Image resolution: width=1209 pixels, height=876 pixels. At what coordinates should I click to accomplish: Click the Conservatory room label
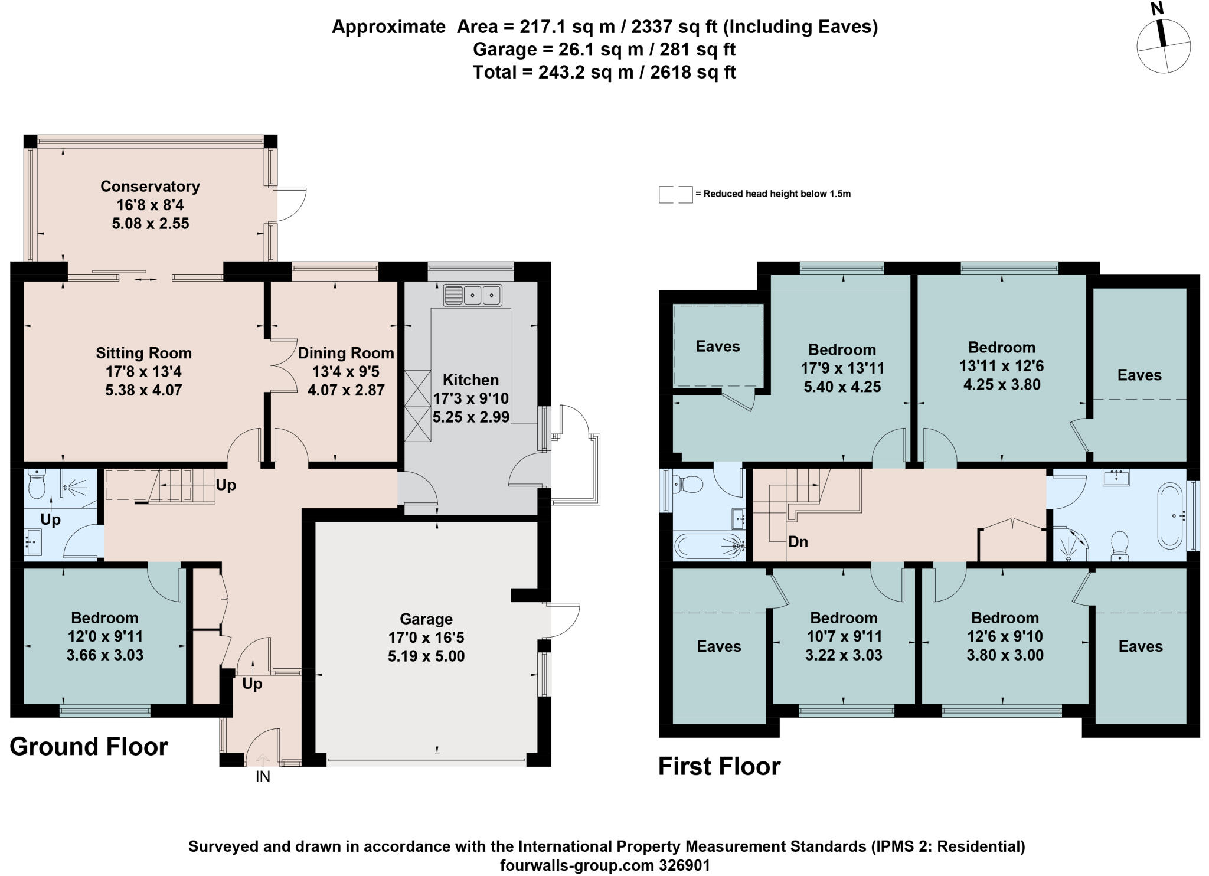pyautogui.click(x=150, y=186)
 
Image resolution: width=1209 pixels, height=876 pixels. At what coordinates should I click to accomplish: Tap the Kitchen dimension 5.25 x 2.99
pyautogui.click(x=470, y=417)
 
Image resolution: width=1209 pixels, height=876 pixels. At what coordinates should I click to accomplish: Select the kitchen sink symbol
pyautogui.click(x=472, y=295)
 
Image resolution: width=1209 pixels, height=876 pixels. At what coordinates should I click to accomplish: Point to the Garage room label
pyautogui.click(x=426, y=619)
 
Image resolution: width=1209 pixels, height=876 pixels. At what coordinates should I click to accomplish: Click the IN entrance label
pyautogui.click(x=263, y=777)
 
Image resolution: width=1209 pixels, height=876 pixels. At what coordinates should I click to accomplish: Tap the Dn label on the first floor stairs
pyautogui.click(x=798, y=541)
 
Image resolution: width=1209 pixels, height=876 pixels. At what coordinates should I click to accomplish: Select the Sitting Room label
pyautogui.click(x=143, y=353)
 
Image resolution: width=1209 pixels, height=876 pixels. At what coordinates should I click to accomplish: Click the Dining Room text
pyautogui.click(x=346, y=353)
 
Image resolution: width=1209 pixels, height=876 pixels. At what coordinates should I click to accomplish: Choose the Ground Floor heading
pyautogui.click(x=89, y=747)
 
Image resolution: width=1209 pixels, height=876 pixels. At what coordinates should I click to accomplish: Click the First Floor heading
pyautogui.click(x=719, y=766)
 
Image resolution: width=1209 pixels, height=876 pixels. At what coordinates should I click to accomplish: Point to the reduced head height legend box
pyautogui.click(x=675, y=194)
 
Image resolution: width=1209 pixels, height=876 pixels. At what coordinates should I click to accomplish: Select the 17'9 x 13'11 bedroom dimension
pyautogui.click(x=842, y=368)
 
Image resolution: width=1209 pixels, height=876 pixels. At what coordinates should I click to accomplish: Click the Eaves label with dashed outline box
pyautogui.click(x=717, y=346)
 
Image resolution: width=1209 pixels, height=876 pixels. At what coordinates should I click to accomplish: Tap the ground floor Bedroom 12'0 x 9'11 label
pyautogui.click(x=104, y=618)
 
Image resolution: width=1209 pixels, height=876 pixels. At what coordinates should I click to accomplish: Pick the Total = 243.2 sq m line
pyautogui.click(x=604, y=73)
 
